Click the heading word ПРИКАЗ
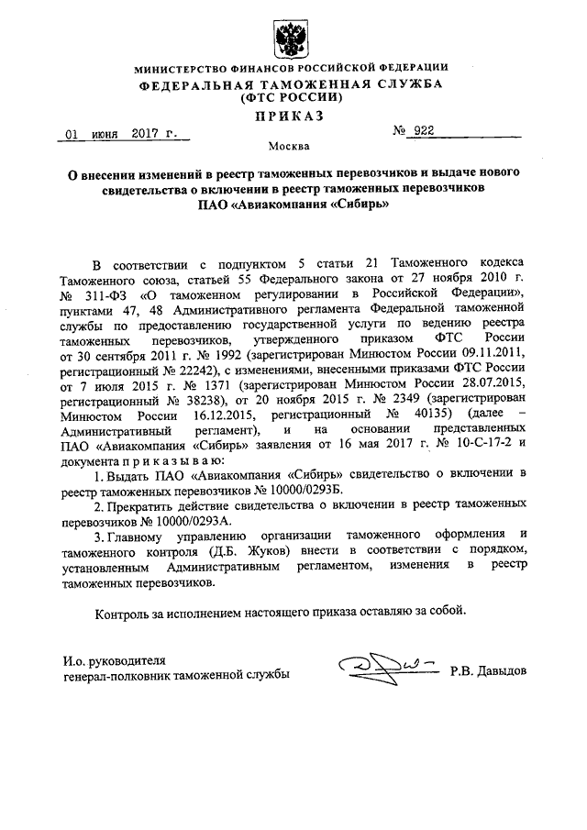(x=291, y=116)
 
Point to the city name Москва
(x=290, y=148)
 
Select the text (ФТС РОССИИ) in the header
(x=291, y=98)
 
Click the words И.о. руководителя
(x=112, y=658)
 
